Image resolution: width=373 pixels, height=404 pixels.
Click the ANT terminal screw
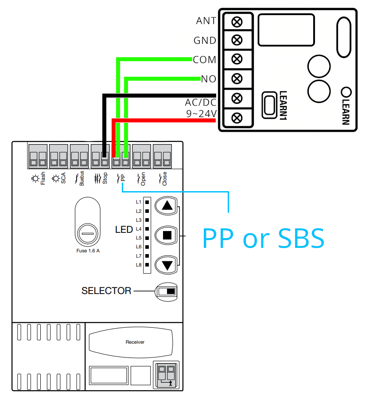pyautogui.click(x=237, y=22)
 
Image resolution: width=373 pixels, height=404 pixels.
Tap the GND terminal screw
pyautogui.click(x=237, y=40)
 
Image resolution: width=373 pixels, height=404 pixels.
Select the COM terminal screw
pyautogui.click(x=237, y=59)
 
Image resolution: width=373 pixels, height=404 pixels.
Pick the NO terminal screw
pyautogui.click(x=237, y=78)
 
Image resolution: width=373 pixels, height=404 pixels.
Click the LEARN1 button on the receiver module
pyautogui.click(x=269, y=105)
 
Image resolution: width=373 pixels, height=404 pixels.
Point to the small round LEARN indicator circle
pyautogui.click(x=346, y=92)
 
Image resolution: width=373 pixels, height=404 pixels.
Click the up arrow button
pyautogui.click(x=166, y=206)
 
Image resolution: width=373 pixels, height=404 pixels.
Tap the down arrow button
pyautogui.click(x=166, y=265)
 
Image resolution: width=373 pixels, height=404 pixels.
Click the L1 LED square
pyautogui.click(x=147, y=202)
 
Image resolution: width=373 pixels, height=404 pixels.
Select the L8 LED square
pyautogui.click(x=147, y=265)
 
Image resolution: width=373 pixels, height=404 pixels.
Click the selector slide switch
pyautogui.click(x=167, y=291)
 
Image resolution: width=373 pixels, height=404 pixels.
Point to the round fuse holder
pyautogui.click(x=88, y=234)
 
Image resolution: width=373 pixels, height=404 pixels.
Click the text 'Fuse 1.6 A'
pyautogui.click(x=88, y=251)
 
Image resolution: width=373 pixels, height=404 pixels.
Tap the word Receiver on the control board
pyautogui.click(x=135, y=342)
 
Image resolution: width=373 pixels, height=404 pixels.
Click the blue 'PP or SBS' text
pyautogui.click(x=263, y=238)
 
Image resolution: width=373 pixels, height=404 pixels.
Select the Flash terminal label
pyautogui.click(x=43, y=178)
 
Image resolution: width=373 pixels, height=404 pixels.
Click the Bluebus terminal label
pyautogui.click(x=82, y=178)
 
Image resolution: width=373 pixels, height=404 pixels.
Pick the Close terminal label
pyautogui.click(x=164, y=179)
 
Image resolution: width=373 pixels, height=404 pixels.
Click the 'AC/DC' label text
pyautogui.click(x=201, y=102)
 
